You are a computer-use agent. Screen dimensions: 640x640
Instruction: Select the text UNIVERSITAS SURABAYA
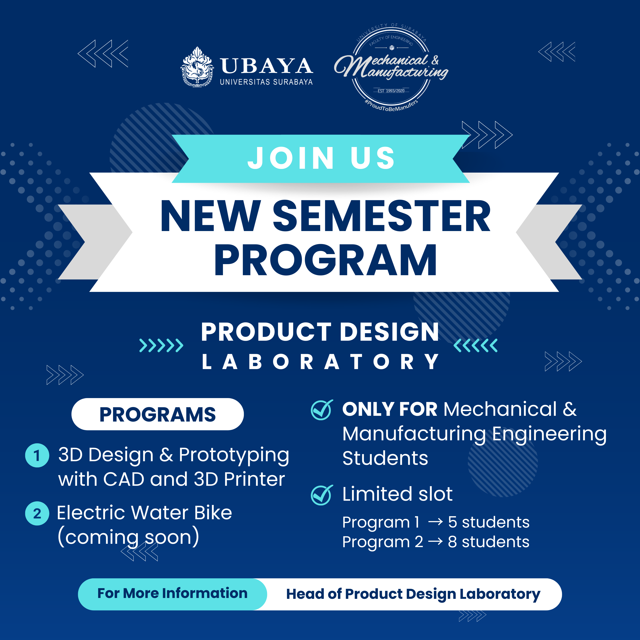pyautogui.click(x=266, y=82)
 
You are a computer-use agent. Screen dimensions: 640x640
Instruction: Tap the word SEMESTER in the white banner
pyautogui.click(x=381, y=216)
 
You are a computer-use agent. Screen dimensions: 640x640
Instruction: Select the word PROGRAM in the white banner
pyautogui.click(x=326, y=260)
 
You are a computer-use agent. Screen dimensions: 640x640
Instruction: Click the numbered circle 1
pyautogui.click(x=37, y=455)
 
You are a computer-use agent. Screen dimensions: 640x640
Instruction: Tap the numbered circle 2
pyautogui.click(x=37, y=513)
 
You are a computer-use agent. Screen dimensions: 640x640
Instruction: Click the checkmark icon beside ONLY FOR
pyautogui.click(x=321, y=410)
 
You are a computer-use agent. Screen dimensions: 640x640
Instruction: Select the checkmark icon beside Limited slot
pyautogui.click(x=321, y=495)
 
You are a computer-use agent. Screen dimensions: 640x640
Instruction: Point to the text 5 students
pyautogui.click(x=489, y=522)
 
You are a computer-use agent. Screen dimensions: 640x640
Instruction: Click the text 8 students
pyautogui.click(x=489, y=542)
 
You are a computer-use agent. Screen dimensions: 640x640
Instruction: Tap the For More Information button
pyautogui.click(x=172, y=593)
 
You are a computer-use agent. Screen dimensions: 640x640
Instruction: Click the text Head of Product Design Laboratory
pyautogui.click(x=413, y=594)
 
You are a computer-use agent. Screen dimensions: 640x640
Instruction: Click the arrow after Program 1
pyautogui.click(x=435, y=522)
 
